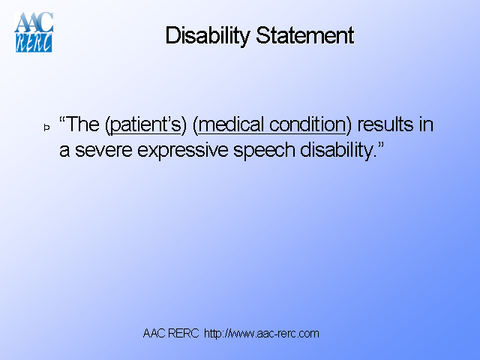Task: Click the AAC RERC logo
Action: coord(34,31)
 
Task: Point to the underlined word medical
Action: coord(232,125)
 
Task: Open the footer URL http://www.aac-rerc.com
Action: coord(262,333)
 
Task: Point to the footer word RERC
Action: coord(184,333)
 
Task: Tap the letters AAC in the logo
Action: coord(34,22)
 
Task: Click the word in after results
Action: coord(426,125)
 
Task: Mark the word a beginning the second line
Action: coord(64,150)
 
